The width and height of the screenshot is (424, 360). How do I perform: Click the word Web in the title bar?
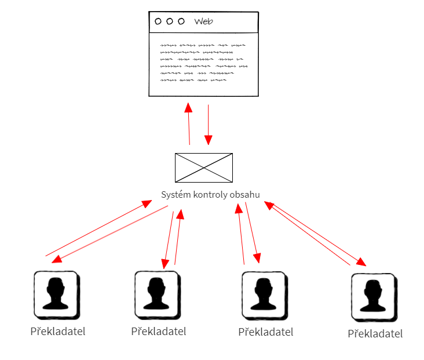pyautogui.click(x=203, y=21)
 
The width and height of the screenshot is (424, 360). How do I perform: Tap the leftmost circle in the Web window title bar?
pyautogui.click(x=158, y=21)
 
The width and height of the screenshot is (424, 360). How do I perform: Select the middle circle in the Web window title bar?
pyautogui.click(x=169, y=21)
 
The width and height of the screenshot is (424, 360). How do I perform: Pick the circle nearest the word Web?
pyautogui.click(x=181, y=21)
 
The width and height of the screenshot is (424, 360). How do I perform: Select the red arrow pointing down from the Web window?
pyautogui.click(x=208, y=125)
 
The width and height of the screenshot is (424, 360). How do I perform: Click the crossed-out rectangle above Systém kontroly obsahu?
pyautogui.click(x=203, y=168)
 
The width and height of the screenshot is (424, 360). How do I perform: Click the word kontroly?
pyautogui.click(x=210, y=195)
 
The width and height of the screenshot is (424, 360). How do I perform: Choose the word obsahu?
pyautogui.click(x=245, y=195)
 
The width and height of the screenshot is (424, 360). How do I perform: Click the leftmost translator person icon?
pyautogui.click(x=56, y=294)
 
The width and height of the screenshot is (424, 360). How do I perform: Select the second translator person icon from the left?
pyautogui.click(x=156, y=294)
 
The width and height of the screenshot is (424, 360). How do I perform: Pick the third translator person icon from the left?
pyautogui.click(x=263, y=294)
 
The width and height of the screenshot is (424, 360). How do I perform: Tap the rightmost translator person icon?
pyautogui.click(x=374, y=297)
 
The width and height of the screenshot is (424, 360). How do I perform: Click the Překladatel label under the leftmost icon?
pyautogui.click(x=57, y=332)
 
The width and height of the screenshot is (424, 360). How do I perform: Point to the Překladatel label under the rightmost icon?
pyautogui.click(x=375, y=334)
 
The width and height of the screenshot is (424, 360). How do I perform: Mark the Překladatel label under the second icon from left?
pyautogui.click(x=159, y=332)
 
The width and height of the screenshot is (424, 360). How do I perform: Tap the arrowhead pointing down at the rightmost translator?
pyautogui.click(x=361, y=261)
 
